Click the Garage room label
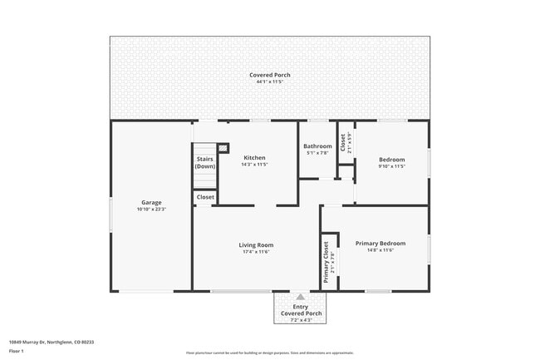pyautogui.click(x=151, y=202)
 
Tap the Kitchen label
pyautogui.click(x=254, y=157)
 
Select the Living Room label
pyautogui.click(x=256, y=244)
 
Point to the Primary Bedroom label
pyautogui.click(x=380, y=243)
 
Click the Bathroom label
pyautogui.click(x=317, y=146)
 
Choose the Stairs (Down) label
pyautogui.click(x=204, y=162)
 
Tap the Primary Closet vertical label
pyautogui.click(x=326, y=262)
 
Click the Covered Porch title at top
pyautogui.click(x=270, y=75)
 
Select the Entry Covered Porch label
pyautogui.click(x=301, y=309)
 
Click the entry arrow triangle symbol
pyautogui.click(x=301, y=295)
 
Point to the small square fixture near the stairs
pyautogui.click(x=223, y=147)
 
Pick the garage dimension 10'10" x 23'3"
pyautogui.click(x=151, y=209)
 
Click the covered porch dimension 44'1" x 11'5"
pyautogui.click(x=270, y=81)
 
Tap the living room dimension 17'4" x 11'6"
pyautogui.click(x=256, y=251)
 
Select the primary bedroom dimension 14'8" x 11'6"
pyautogui.click(x=380, y=249)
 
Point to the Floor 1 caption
pyautogui.click(x=17, y=351)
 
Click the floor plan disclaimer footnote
pyautogui.click(x=270, y=353)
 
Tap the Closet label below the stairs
pyautogui.click(x=204, y=197)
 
